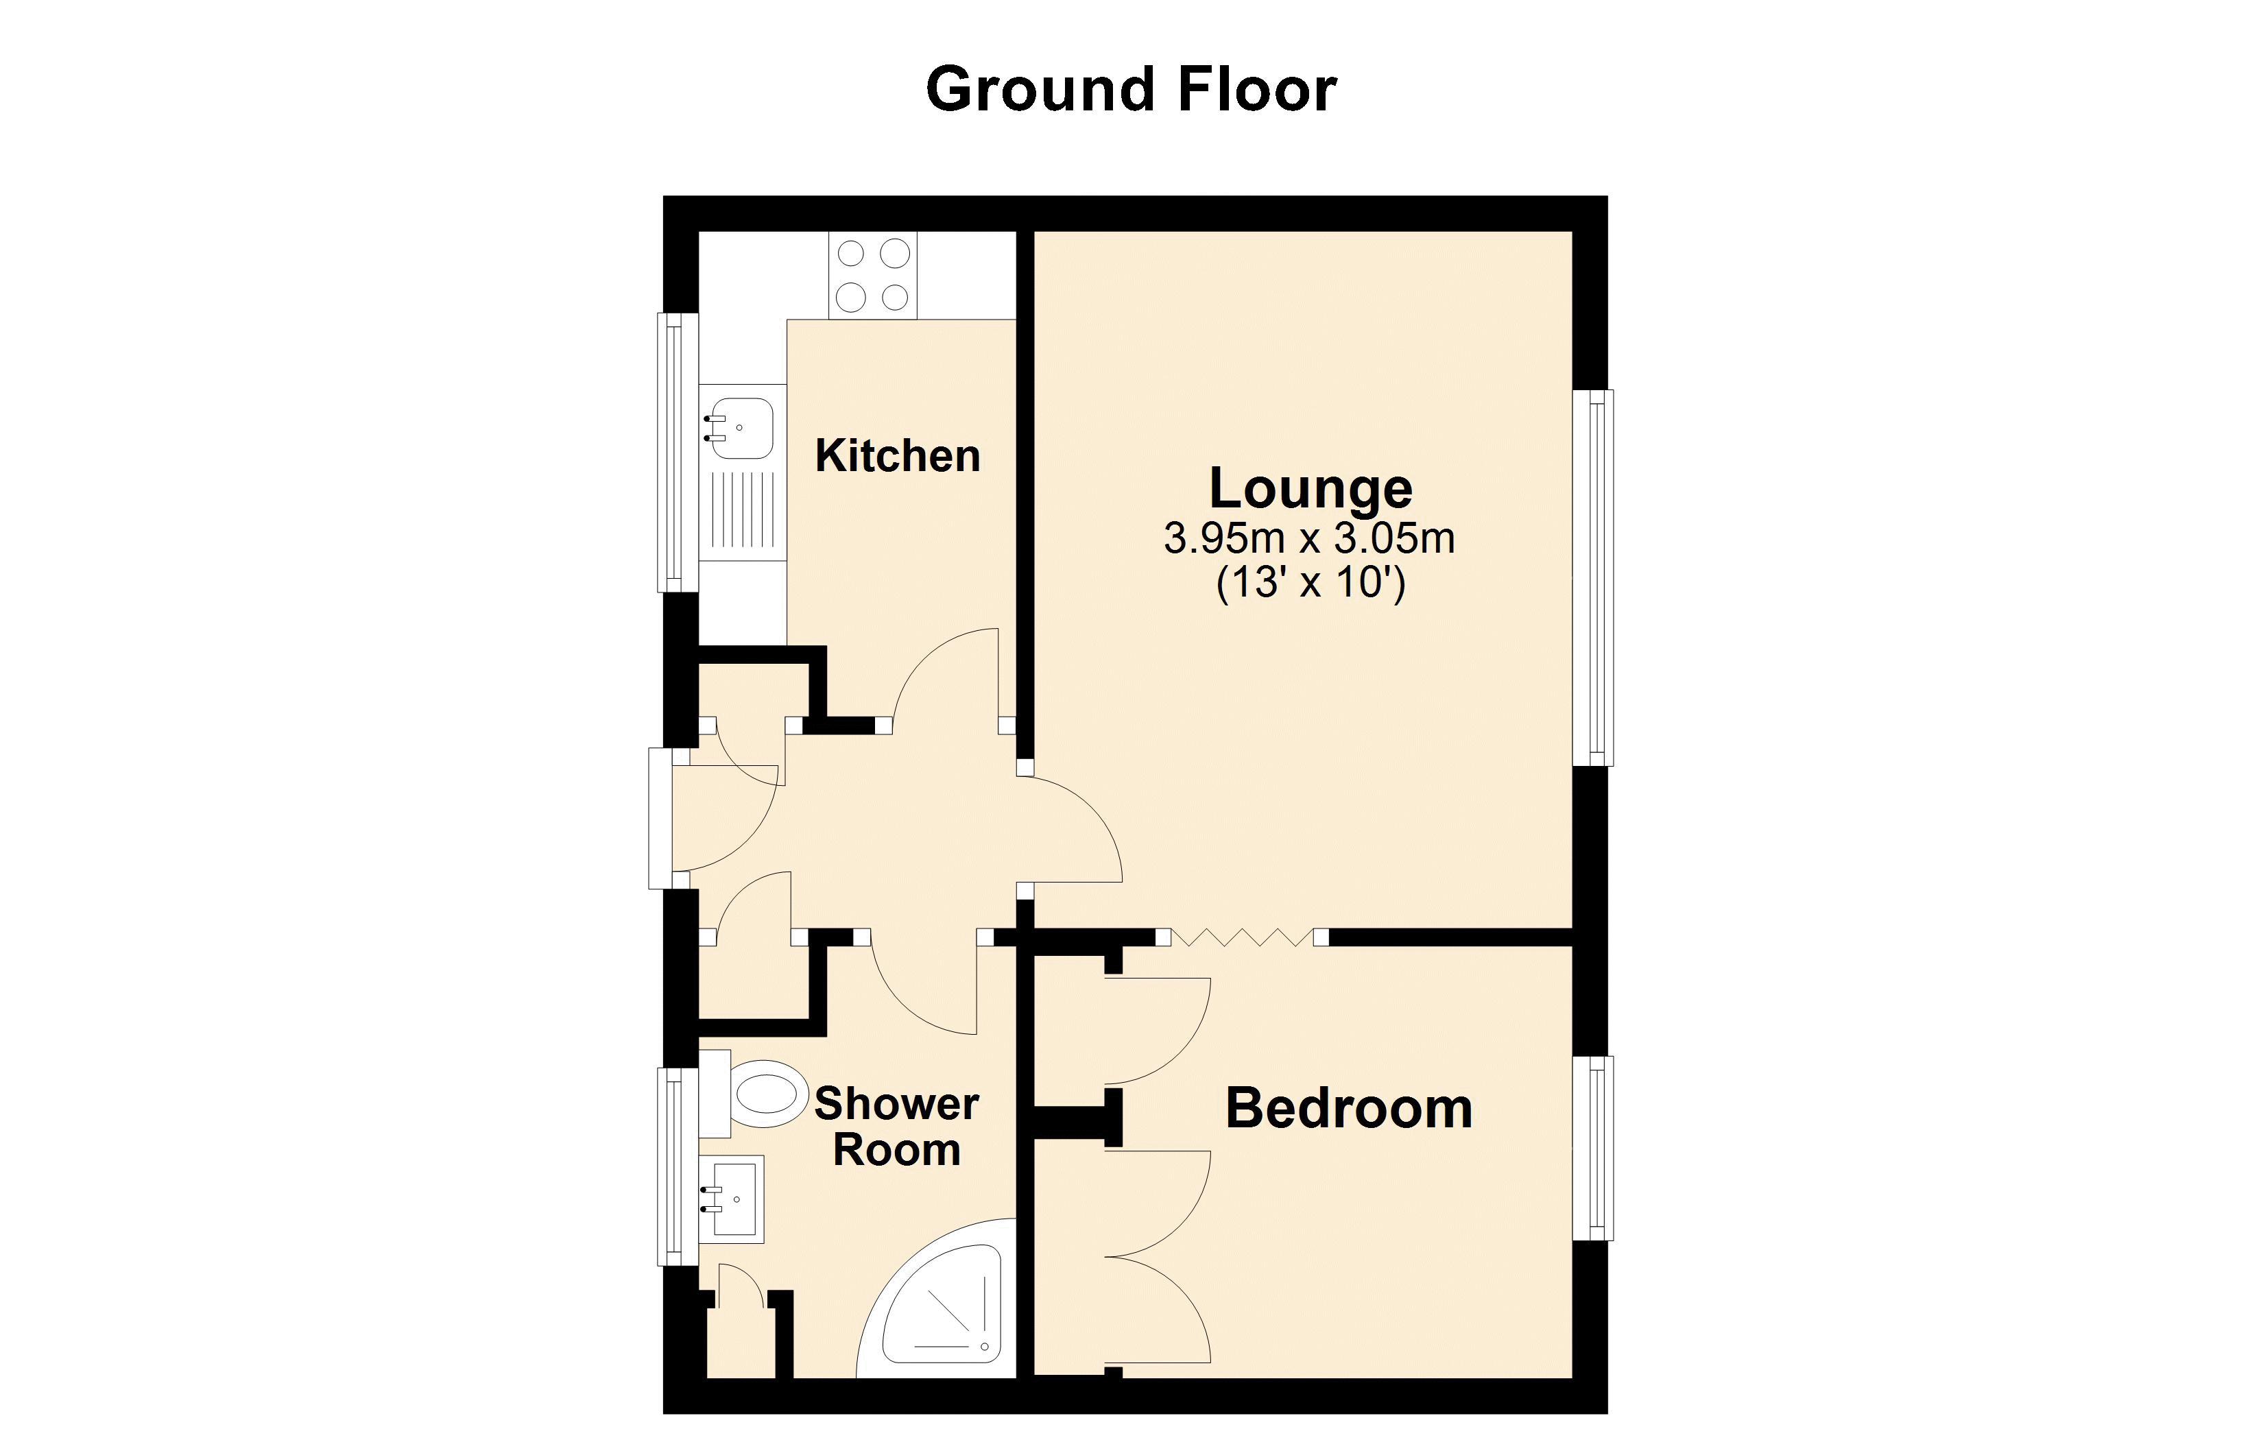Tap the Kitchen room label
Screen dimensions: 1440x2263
(x=898, y=456)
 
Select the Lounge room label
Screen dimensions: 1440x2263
(x=1310, y=488)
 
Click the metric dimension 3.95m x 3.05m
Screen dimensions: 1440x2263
(x=1309, y=538)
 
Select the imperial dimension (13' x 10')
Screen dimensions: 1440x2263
(x=1310, y=583)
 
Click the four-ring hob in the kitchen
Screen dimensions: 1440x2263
(x=873, y=276)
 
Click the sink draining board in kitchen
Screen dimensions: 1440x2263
(x=743, y=509)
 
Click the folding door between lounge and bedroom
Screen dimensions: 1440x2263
(x=1241, y=937)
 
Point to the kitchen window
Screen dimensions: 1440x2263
(x=677, y=452)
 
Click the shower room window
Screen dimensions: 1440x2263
(x=675, y=1166)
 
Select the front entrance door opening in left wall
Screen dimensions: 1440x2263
(x=660, y=818)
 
